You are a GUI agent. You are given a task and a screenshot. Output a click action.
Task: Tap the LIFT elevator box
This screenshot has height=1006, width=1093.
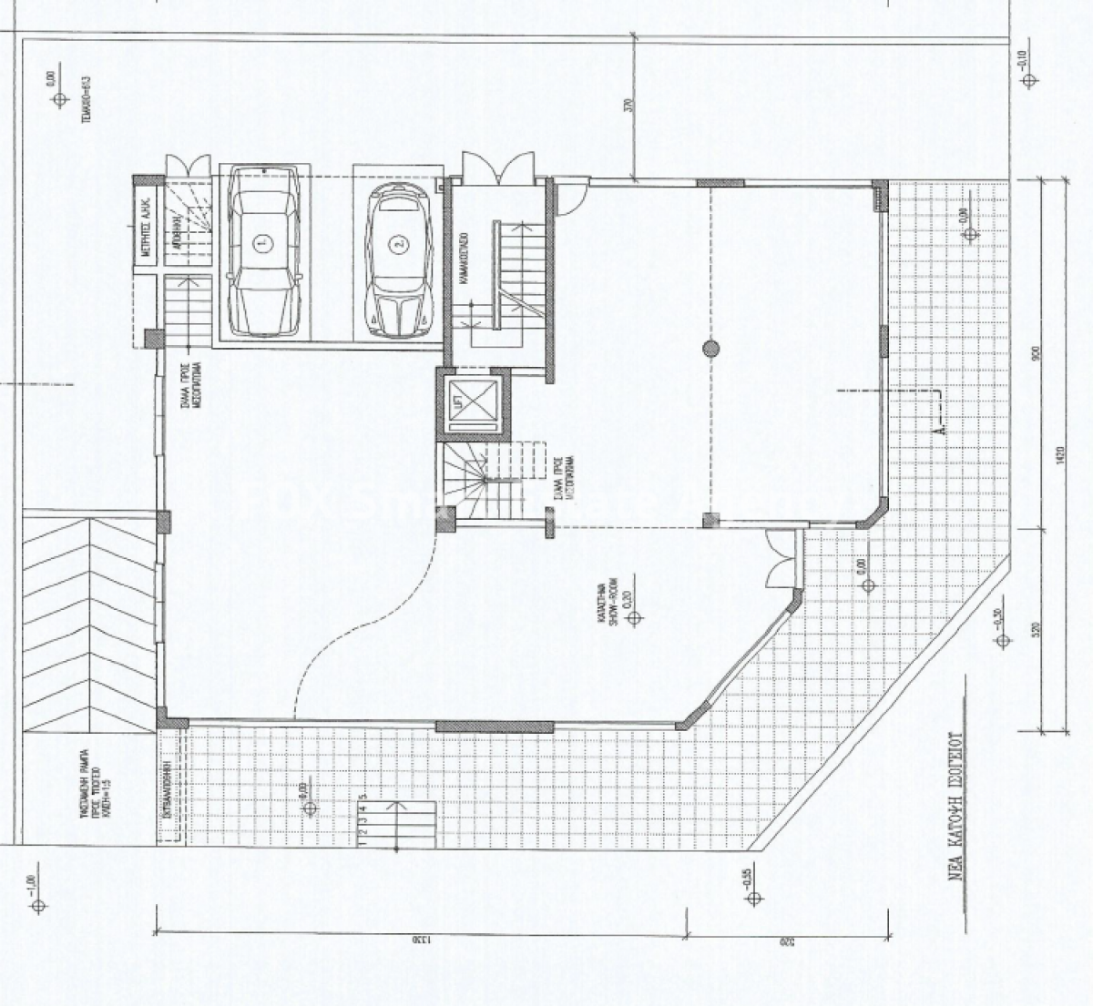tap(474, 401)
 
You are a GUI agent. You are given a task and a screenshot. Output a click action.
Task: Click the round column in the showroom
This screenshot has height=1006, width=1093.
tap(710, 346)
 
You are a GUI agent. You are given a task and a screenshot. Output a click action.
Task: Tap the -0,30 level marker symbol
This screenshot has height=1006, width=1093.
tap(1003, 641)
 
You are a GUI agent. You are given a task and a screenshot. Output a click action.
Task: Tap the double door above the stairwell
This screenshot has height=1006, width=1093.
tap(490, 168)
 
